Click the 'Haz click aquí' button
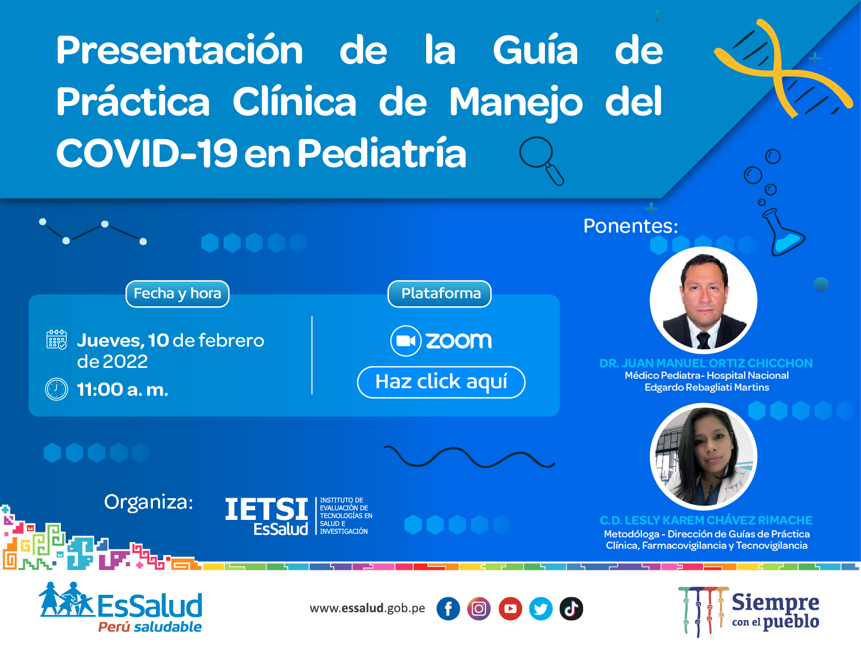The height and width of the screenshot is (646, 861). click(x=441, y=382)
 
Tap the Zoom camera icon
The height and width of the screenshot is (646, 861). click(x=405, y=341)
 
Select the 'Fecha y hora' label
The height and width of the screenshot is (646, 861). click(x=177, y=294)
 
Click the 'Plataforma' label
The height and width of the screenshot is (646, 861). click(x=440, y=294)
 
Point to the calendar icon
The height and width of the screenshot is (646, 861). click(x=56, y=340)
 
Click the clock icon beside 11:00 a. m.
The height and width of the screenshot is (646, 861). click(x=56, y=389)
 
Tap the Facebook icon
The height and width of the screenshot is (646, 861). click(x=448, y=608)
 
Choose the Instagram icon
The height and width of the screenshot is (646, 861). click(x=479, y=608)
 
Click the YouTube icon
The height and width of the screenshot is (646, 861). click(x=510, y=608)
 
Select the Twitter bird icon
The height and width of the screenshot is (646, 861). click(x=541, y=608)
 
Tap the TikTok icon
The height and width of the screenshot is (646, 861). click(x=571, y=608)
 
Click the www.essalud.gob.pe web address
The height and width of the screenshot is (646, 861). click(x=367, y=608)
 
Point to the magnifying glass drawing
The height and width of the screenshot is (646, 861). click(x=541, y=161)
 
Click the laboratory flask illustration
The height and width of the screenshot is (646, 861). click(x=783, y=233)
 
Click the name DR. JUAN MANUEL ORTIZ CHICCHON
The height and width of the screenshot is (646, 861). click(x=706, y=363)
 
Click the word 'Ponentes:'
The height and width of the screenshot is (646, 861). click(x=631, y=226)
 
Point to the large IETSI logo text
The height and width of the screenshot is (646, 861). click(x=267, y=510)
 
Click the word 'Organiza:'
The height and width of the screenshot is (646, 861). click(x=149, y=502)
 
